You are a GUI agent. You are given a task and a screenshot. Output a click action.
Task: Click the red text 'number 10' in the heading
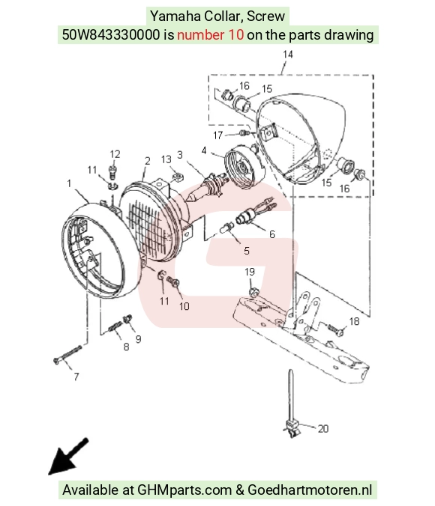(x=210, y=34)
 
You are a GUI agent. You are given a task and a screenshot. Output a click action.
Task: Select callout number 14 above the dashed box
(x=287, y=54)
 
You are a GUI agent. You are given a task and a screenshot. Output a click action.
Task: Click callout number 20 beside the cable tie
(x=323, y=429)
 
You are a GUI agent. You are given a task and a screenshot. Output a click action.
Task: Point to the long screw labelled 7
(x=67, y=354)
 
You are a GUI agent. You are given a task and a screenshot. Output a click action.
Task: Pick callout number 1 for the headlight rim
(x=69, y=183)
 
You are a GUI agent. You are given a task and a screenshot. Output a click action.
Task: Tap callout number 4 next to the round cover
(x=204, y=150)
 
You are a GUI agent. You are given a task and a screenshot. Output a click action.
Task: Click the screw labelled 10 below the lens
(x=173, y=281)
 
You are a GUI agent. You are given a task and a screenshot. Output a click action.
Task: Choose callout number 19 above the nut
(x=250, y=272)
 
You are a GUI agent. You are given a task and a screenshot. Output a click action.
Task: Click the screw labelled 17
(x=244, y=132)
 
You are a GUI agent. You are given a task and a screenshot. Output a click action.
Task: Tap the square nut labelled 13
(x=177, y=177)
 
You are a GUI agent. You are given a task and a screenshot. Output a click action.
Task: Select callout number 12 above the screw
(x=115, y=154)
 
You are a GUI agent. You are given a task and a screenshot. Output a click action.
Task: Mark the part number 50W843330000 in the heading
(x=111, y=34)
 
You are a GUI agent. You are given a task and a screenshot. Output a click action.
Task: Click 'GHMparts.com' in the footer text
(x=184, y=490)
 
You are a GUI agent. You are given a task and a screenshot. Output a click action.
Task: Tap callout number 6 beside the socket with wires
(x=272, y=234)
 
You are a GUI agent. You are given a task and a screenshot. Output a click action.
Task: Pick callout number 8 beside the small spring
(x=126, y=347)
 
